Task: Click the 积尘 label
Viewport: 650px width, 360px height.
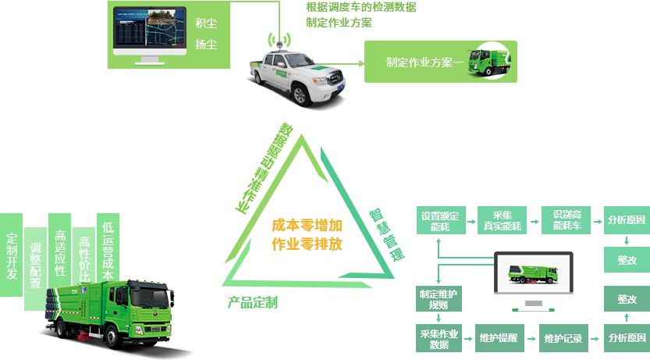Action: coord(207,23)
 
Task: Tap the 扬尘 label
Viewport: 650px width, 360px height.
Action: coord(207,45)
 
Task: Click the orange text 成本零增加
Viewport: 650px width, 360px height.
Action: coord(307,226)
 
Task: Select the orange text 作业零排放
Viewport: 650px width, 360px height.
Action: coord(307,244)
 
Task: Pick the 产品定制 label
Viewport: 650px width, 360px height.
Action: coord(252,302)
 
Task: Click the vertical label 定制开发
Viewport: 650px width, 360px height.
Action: coord(12,257)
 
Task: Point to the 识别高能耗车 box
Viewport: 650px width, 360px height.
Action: coord(567,220)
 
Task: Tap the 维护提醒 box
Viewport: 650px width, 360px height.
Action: coord(498,338)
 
